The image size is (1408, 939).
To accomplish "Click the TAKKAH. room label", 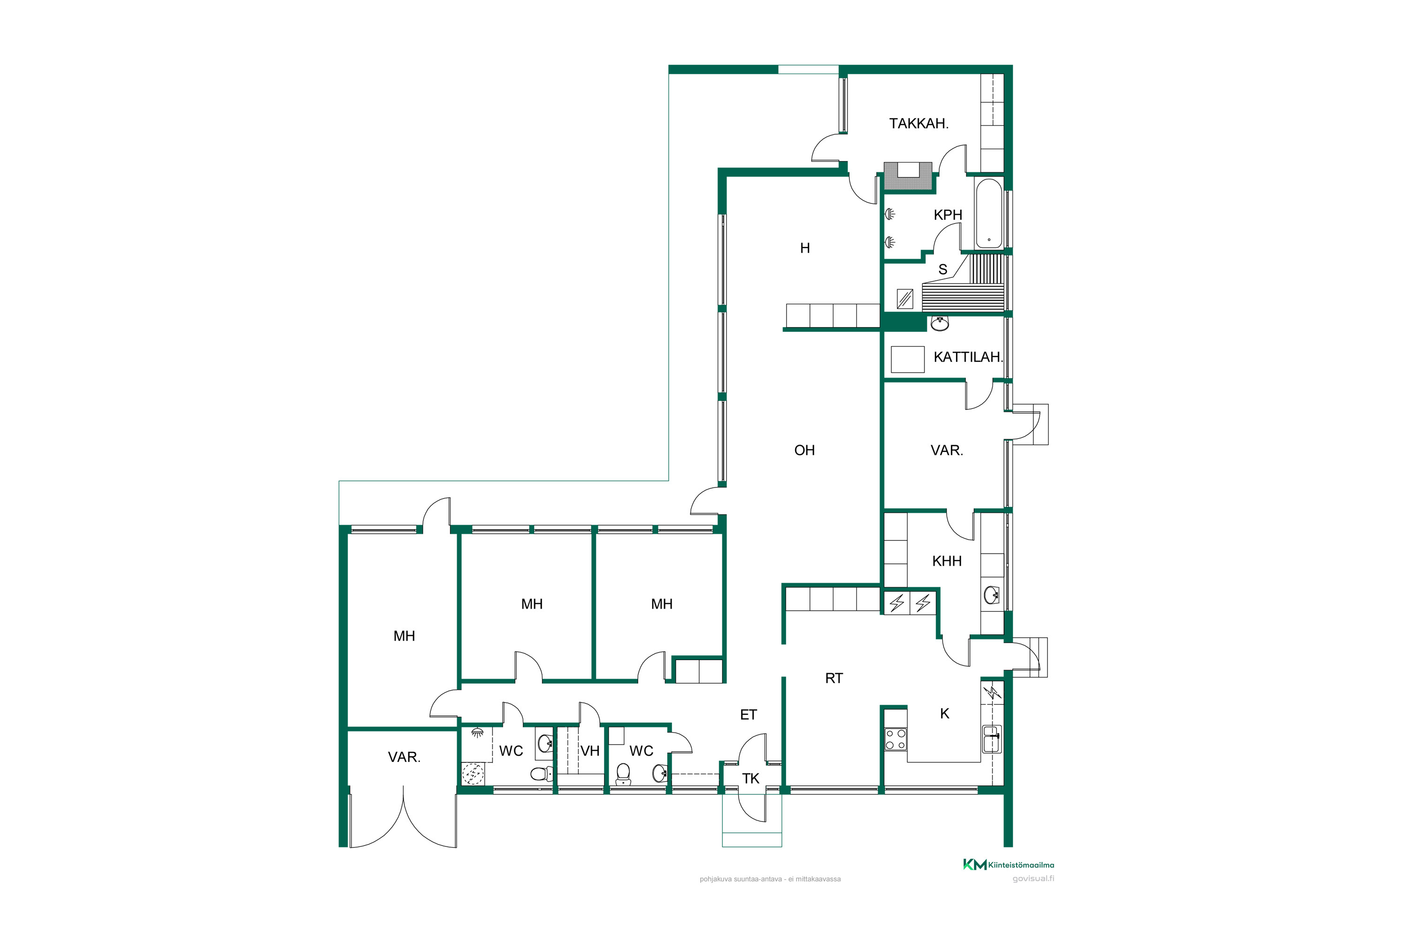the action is [918, 124].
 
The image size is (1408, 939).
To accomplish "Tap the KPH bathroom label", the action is [948, 215].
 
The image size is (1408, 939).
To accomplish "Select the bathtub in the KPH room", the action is [988, 214].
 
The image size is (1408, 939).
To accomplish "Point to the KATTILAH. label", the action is [967, 357].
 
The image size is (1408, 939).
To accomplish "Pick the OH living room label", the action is [804, 450].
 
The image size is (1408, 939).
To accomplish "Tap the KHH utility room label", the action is [947, 561].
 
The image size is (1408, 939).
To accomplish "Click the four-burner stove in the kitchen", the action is [895, 739].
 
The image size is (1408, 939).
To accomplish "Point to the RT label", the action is [834, 678].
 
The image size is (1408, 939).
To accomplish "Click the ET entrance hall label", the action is [748, 715].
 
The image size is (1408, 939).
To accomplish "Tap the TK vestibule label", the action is [750, 778].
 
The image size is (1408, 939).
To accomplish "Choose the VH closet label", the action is [589, 751].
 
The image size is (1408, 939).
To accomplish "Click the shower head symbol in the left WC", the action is [477, 733].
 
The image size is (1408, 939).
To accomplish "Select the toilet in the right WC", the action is [623, 774].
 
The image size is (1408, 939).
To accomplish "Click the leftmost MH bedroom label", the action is [404, 637].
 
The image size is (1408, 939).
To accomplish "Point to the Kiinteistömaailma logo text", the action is [1021, 865].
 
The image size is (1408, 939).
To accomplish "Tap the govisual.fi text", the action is [1033, 878].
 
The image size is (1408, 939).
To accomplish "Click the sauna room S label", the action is [943, 270].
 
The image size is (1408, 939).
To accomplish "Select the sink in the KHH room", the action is [991, 595].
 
